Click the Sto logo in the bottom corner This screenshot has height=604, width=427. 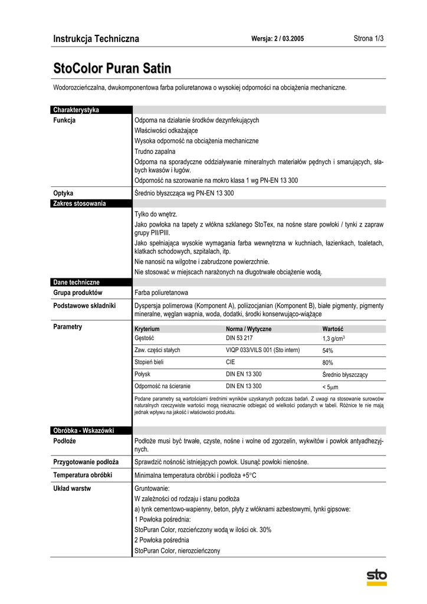pos(376,576)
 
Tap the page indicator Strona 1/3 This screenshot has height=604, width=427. pos(369,39)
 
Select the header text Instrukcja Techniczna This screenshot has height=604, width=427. pos(96,39)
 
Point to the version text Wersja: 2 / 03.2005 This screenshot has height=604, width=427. pos(278,39)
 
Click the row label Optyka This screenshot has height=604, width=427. pos(63,193)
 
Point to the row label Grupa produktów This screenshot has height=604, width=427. pos(78,293)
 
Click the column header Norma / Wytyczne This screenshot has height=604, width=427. pos(248,329)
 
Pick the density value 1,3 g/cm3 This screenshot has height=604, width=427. pos(333,339)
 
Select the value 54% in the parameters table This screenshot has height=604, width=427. pos(328,350)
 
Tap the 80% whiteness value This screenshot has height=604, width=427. pos(328,363)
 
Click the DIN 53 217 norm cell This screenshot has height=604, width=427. pos(239,338)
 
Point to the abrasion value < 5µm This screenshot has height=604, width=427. pos(331,387)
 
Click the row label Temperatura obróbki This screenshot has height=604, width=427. pos(83,475)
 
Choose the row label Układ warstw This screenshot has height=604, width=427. pos(72,488)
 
